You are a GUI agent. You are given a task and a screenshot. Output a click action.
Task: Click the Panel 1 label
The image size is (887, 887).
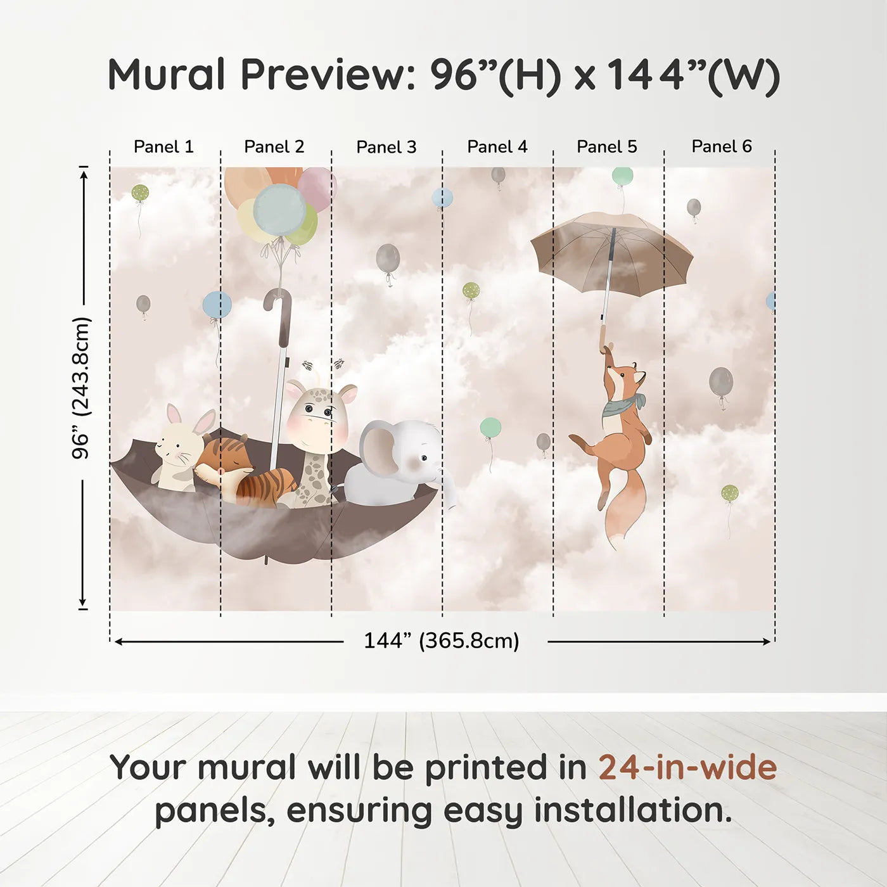(163, 147)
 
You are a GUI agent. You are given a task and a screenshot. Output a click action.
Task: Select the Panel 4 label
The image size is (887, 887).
(497, 147)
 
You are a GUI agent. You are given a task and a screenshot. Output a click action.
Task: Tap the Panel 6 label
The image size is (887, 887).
(721, 146)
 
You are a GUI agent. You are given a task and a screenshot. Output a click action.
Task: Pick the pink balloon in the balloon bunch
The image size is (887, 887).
(317, 188)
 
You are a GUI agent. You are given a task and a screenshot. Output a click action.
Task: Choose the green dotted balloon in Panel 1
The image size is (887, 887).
(140, 193)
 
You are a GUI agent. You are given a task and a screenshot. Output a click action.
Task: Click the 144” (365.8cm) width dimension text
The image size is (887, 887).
(442, 641)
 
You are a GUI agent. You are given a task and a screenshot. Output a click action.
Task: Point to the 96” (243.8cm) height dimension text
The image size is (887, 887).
(82, 388)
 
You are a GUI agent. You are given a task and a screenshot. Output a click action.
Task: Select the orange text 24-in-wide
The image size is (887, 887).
(687, 767)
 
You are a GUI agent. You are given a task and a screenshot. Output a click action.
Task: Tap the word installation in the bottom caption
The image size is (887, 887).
(633, 810)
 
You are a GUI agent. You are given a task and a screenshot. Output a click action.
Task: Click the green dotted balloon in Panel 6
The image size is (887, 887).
(730, 494)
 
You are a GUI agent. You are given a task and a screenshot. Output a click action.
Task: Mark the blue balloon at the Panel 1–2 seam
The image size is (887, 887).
(217, 305)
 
